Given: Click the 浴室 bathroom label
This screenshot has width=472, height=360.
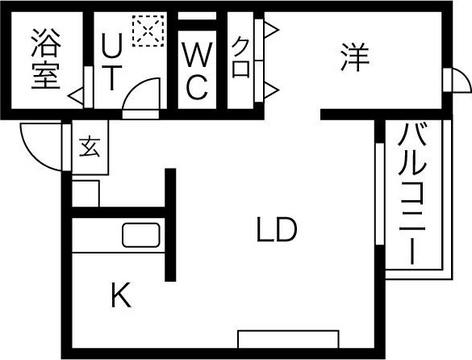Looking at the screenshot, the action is coord(46,59).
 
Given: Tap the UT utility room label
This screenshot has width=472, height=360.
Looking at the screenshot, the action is coord(111,61).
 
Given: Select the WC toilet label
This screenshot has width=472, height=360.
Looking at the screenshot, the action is coord(197,71).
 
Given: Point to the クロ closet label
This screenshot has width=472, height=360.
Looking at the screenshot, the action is coord(240,57).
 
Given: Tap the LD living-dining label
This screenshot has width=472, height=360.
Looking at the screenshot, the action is coord(277,229).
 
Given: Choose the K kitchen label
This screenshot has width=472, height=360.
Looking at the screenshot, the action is coord(121,295).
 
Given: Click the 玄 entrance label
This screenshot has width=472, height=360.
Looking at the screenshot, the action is coord(90,147).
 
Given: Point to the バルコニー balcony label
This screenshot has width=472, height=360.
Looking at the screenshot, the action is coord(411,193).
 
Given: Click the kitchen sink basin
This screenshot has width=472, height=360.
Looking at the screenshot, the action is coord(141,235).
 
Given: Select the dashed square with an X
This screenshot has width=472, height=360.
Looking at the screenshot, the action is coord(148,31).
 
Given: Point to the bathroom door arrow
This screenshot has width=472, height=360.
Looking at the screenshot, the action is coord(76,96).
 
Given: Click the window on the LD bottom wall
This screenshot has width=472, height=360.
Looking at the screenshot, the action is coord(288,339).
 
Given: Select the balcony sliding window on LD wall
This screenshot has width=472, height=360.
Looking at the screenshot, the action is coord(380,194).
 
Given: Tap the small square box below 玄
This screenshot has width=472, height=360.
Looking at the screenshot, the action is coord(86,194).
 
